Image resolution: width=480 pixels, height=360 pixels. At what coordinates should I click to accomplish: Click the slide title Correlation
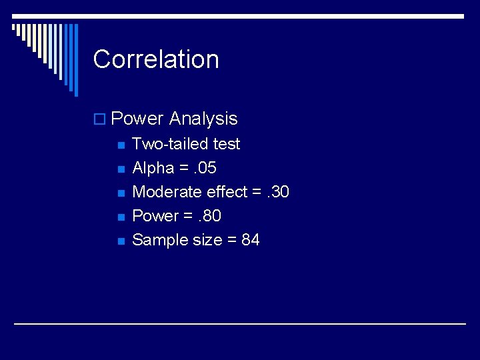click(156, 59)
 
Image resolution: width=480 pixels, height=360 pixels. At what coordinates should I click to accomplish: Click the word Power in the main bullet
click(137, 119)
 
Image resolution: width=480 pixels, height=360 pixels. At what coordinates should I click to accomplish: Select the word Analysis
click(203, 119)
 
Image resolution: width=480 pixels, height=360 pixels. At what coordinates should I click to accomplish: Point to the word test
click(226, 144)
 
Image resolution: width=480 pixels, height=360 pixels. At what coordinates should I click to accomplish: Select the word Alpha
click(153, 168)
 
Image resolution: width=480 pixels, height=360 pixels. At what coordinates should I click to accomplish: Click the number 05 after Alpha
click(206, 168)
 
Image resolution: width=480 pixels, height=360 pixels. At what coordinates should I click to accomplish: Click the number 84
click(251, 240)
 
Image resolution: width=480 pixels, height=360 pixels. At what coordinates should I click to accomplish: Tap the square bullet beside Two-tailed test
click(120, 145)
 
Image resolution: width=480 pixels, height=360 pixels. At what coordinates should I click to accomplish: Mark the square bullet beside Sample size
click(120, 241)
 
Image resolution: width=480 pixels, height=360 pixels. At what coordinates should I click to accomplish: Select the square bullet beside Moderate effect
click(120, 193)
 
